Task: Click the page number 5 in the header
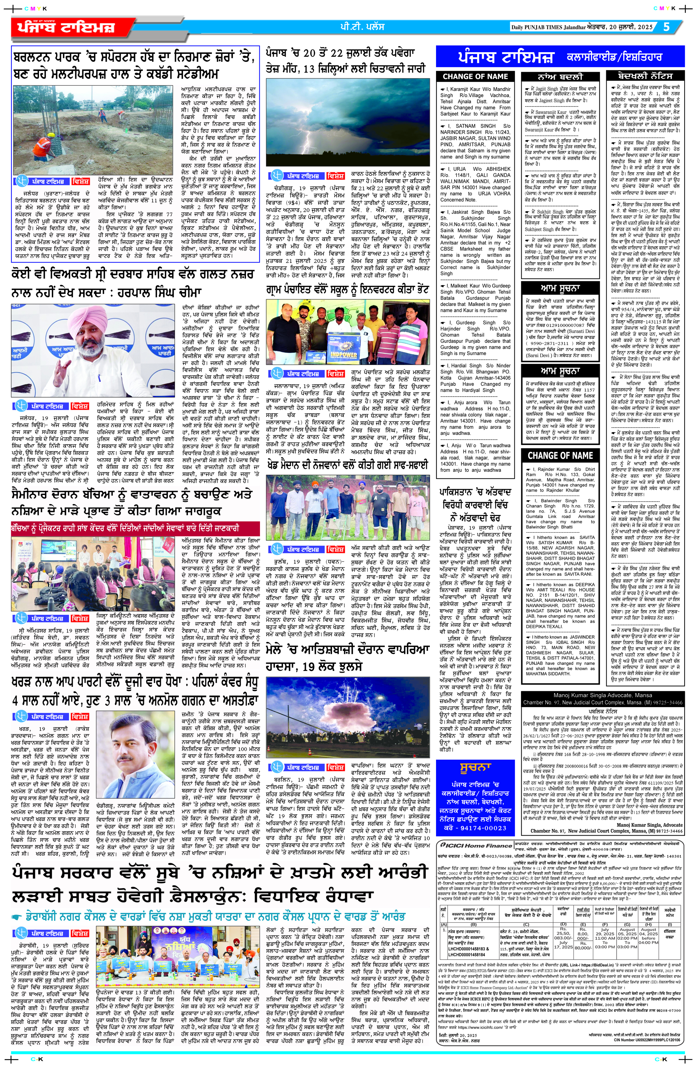click(666, 26)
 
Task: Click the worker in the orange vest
click(43, 144)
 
